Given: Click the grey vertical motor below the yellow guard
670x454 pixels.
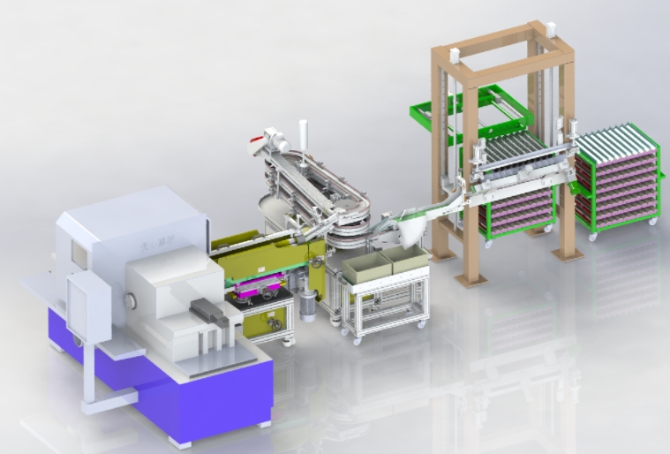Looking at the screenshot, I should [x=307, y=305].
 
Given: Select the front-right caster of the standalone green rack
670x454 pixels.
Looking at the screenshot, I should [x=652, y=224].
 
